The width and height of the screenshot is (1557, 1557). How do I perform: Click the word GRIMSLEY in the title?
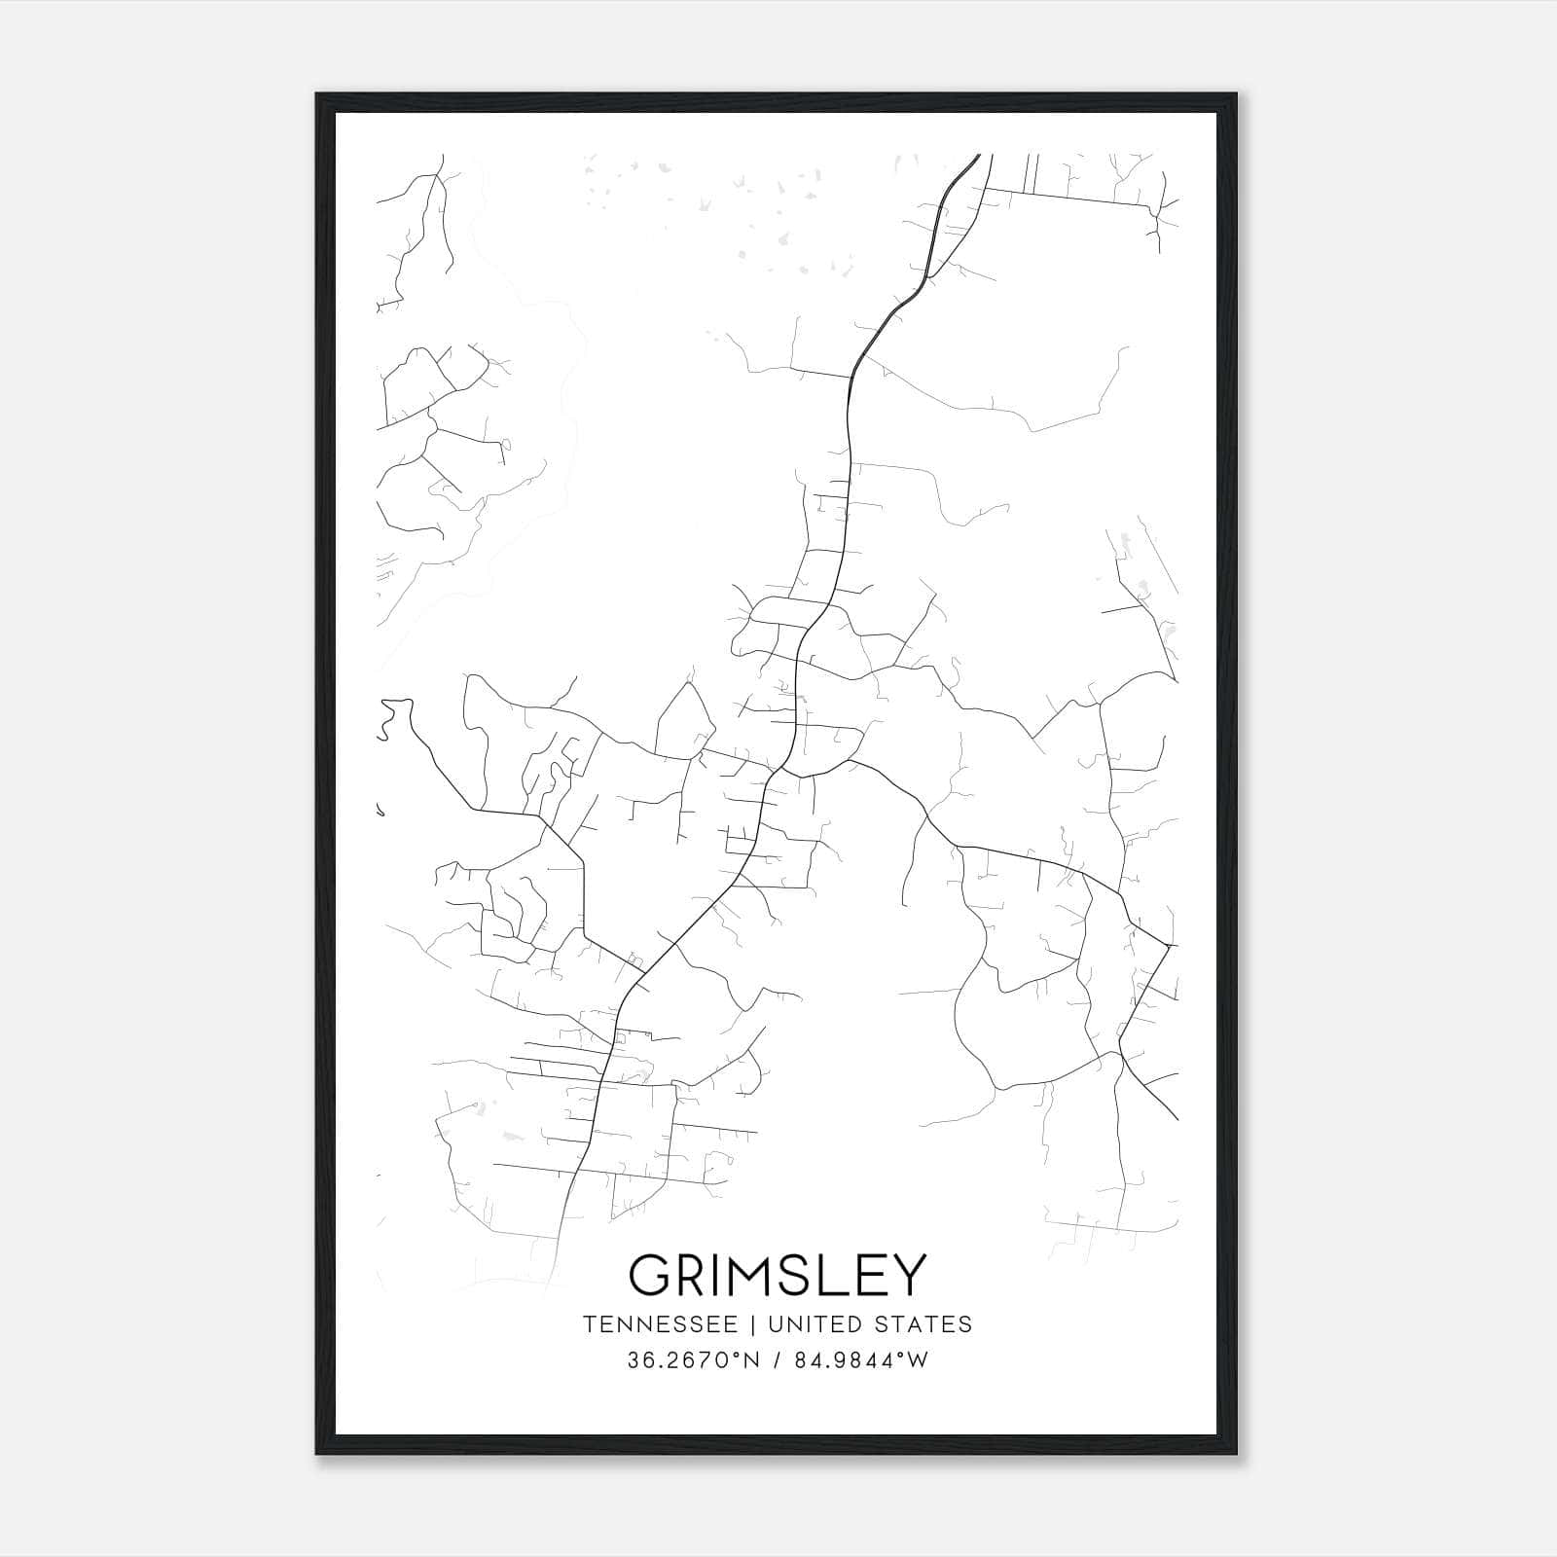(x=778, y=1275)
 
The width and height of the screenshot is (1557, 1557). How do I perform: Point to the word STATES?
(x=922, y=1324)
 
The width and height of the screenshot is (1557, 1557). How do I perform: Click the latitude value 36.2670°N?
(x=692, y=1360)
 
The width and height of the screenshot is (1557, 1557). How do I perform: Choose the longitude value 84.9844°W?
(x=861, y=1360)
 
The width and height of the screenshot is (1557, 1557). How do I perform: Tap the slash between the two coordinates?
(x=777, y=1360)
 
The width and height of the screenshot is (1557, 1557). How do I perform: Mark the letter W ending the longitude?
(x=919, y=1360)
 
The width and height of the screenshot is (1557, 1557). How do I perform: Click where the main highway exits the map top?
(x=977, y=156)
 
